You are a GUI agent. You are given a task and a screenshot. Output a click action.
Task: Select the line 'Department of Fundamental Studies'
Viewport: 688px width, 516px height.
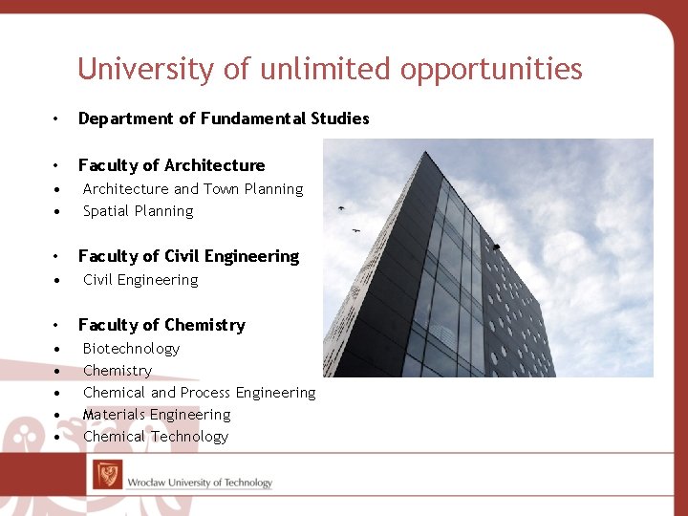tap(223, 118)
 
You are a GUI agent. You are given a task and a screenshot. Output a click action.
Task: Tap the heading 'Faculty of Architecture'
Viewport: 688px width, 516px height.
tap(171, 165)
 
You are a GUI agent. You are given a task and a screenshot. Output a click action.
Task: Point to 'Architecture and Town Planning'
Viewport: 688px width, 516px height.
tap(192, 189)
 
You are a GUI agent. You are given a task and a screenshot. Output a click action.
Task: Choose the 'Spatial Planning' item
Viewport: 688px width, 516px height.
tap(138, 211)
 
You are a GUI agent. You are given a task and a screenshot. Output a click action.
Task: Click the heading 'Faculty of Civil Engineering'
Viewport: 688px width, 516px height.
tap(188, 256)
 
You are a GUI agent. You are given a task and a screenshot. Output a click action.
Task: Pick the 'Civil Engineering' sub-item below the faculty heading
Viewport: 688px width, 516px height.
tap(140, 280)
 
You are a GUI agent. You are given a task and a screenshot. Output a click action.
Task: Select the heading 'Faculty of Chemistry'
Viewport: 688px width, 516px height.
tap(161, 325)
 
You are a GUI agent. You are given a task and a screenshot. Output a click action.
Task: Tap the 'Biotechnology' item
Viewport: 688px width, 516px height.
tap(131, 349)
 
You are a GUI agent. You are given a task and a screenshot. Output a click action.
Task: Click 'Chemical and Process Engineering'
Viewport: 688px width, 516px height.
tap(199, 393)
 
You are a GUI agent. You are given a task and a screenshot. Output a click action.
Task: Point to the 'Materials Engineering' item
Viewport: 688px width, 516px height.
tap(157, 415)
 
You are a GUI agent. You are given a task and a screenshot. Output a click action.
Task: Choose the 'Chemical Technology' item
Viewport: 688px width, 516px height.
tap(156, 437)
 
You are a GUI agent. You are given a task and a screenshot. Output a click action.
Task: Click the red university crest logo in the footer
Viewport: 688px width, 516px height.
tap(107, 475)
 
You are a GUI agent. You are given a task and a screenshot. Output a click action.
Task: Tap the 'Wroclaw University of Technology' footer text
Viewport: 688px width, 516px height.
tap(200, 483)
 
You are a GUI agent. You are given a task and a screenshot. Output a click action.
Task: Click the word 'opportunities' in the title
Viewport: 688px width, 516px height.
tap(491, 69)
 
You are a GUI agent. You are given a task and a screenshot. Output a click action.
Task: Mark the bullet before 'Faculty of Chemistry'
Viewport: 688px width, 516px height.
tap(58, 326)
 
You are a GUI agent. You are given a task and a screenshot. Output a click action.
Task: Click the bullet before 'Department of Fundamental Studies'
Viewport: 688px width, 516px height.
tap(58, 119)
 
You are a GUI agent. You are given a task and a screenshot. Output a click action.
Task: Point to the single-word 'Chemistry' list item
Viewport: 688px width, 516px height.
tap(118, 371)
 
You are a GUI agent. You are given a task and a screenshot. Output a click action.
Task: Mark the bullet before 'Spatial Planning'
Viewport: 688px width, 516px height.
tap(58, 212)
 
